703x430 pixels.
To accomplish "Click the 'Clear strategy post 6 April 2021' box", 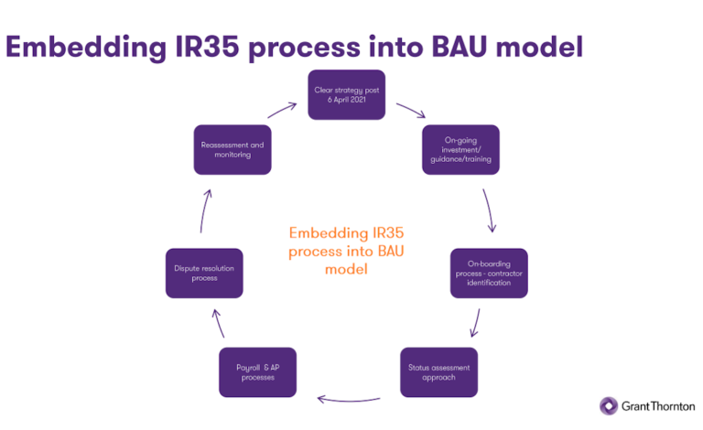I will [x=345, y=94].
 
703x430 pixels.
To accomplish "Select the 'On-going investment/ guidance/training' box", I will [x=460, y=149].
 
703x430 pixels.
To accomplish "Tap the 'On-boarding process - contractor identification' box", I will [x=489, y=272].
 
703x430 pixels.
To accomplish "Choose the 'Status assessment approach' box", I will [x=438, y=371].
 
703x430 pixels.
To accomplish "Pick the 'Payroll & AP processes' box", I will [x=258, y=371].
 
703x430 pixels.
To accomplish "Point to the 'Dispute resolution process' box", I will [x=204, y=272].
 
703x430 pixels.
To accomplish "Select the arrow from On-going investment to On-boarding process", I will [x=490, y=210].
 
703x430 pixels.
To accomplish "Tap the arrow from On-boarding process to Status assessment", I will [x=474, y=321].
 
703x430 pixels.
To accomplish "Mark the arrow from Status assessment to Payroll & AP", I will [x=348, y=398].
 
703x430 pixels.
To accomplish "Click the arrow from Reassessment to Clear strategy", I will [x=282, y=110].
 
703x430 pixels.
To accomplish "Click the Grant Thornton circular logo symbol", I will [x=608, y=405].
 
